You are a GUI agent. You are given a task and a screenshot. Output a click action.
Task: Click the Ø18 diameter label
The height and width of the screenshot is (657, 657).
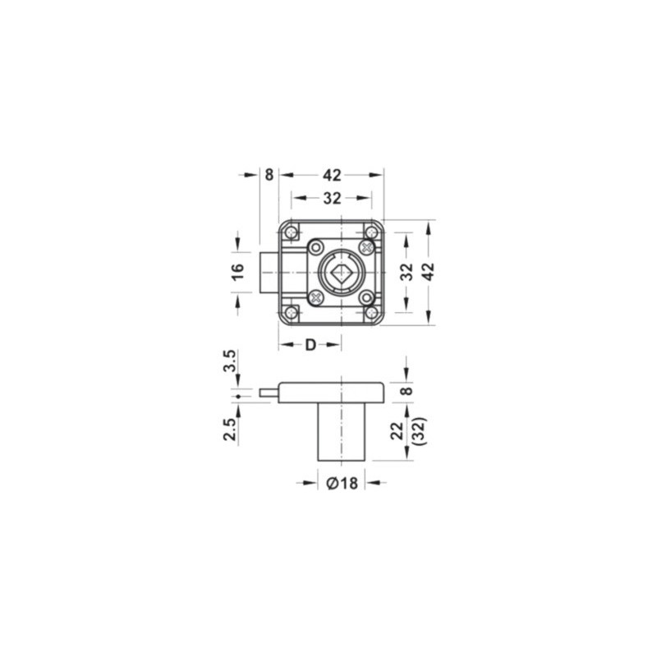[342, 483]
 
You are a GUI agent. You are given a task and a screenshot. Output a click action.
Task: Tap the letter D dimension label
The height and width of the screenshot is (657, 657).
[310, 345]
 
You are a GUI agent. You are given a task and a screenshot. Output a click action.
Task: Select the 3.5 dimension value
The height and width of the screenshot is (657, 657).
[231, 361]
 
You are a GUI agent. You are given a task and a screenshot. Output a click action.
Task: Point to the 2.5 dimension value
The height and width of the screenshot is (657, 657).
[231, 429]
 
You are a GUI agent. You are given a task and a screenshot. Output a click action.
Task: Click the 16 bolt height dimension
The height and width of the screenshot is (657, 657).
[237, 272]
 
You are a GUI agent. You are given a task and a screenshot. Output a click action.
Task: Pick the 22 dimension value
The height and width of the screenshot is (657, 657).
[397, 431]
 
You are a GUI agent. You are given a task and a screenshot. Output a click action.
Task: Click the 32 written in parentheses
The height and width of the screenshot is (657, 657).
[420, 431]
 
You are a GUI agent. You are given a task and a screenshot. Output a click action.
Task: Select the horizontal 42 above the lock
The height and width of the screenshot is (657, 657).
[332, 175]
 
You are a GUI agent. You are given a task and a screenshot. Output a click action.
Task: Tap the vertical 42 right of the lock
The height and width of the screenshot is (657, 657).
[429, 272]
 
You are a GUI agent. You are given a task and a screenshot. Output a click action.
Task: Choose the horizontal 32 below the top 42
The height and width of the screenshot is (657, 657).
[332, 198]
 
